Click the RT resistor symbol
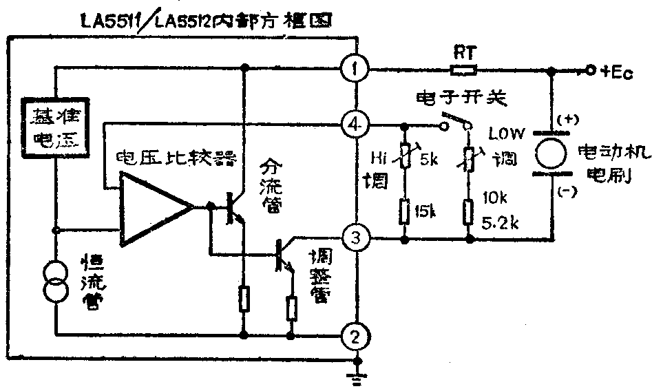coord(462,69)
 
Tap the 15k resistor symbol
coord(404,211)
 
